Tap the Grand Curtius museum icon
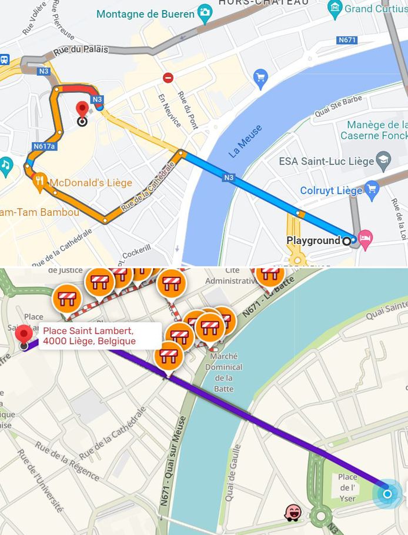[x=336, y=8]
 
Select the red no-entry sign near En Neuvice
[x=169, y=78]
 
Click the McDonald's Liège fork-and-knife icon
[x=39, y=183]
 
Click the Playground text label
[x=313, y=240]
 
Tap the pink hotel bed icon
[x=366, y=238]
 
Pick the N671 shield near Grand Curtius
[x=347, y=40]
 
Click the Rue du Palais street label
[x=81, y=51]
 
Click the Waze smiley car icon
[x=292, y=513]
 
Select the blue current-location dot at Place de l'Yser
[x=387, y=493]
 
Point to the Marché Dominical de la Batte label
[x=223, y=372]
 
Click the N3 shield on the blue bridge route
[x=229, y=177]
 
